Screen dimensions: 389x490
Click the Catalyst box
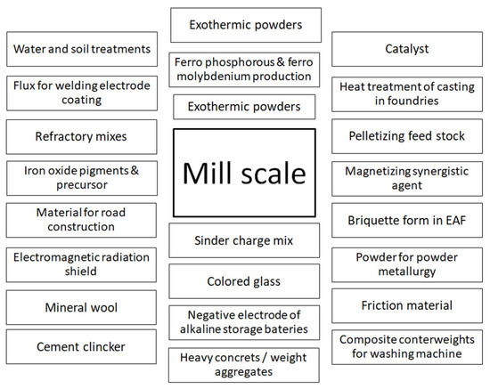[408, 48]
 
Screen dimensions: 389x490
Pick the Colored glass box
[243, 281]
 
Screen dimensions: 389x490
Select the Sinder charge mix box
[243, 240]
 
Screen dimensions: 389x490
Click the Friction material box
[408, 305]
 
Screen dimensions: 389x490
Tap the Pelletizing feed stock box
[408, 138]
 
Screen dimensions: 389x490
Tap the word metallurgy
[409, 270]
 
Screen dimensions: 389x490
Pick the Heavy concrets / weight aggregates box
[243, 364]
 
